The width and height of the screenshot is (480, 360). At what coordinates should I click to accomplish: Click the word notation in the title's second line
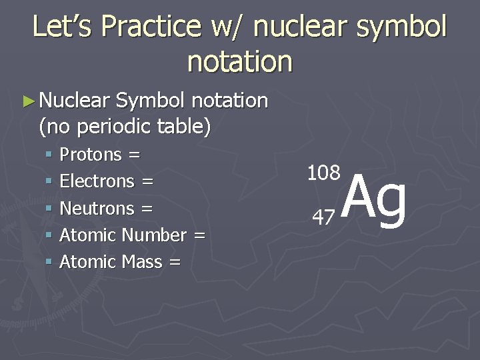[240, 61]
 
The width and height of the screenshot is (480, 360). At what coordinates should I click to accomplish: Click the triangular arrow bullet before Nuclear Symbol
[27, 101]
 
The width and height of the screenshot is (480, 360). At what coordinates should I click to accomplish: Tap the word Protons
[91, 155]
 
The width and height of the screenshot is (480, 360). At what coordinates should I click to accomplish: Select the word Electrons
[97, 181]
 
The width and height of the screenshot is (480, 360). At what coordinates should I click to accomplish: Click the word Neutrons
[97, 209]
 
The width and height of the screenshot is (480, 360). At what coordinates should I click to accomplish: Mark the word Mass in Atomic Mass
[142, 262]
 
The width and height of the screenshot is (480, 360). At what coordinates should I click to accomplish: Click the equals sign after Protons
[134, 155]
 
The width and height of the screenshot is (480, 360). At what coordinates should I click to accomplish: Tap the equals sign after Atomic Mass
[175, 263]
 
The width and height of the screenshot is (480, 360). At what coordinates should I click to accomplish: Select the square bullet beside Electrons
[49, 182]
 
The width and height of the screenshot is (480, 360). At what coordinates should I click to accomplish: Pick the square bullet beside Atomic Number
[49, 236]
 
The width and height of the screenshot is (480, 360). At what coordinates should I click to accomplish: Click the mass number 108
[323, 173]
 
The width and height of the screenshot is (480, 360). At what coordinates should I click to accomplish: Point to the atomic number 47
[324, 217]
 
